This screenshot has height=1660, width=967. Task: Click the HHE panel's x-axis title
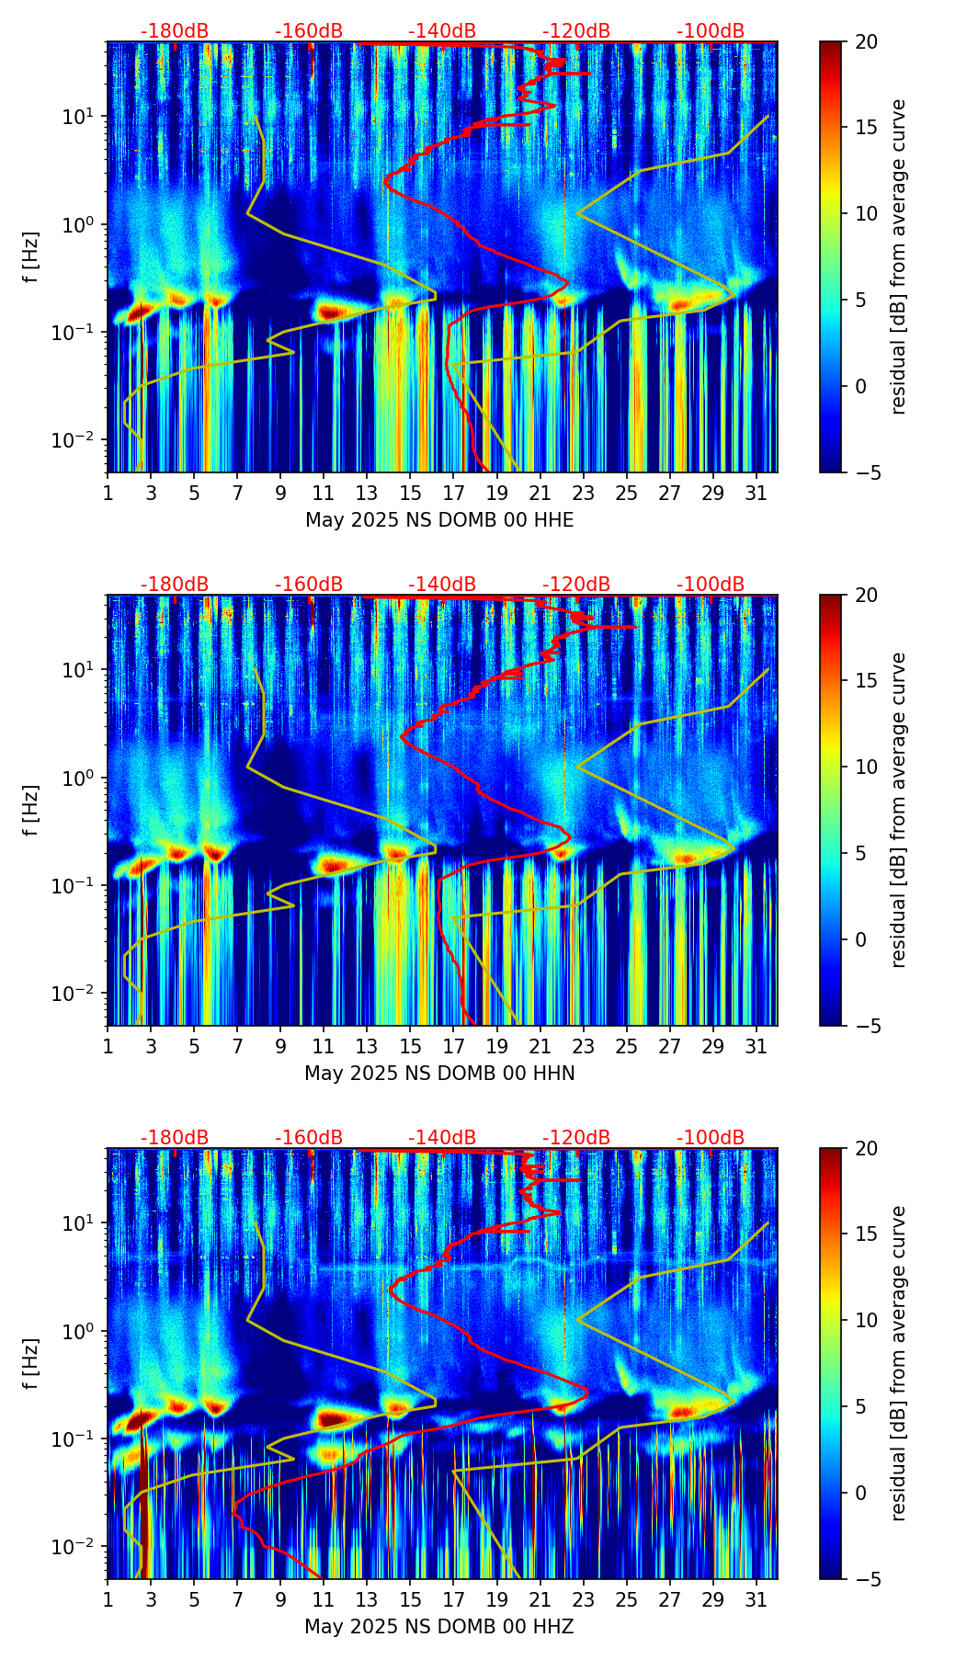tap(439, 520)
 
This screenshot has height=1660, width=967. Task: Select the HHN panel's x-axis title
tap(439, 1074)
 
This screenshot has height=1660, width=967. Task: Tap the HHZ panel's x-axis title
tap(439, 1627)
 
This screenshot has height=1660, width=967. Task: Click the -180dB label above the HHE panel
tap(175, 31)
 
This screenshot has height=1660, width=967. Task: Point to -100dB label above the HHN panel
tap(711, 585)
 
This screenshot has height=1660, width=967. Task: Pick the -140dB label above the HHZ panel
tap(442, 1138)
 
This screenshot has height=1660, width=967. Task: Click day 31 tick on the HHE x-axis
tap(757, 494)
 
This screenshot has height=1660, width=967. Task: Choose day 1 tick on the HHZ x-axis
tap(108, 1600)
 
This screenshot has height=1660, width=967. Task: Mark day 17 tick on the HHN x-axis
tap(454, 1047)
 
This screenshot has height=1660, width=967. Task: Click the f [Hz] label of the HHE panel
tap(31, 257)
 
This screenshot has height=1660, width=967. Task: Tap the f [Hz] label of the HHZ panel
tap(31, 1364)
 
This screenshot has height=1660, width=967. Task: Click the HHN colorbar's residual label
tap(899, 810)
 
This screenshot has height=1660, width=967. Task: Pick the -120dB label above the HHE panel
tap(576, 31)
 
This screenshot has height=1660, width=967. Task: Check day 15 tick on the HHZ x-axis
tap(411, 1600)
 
